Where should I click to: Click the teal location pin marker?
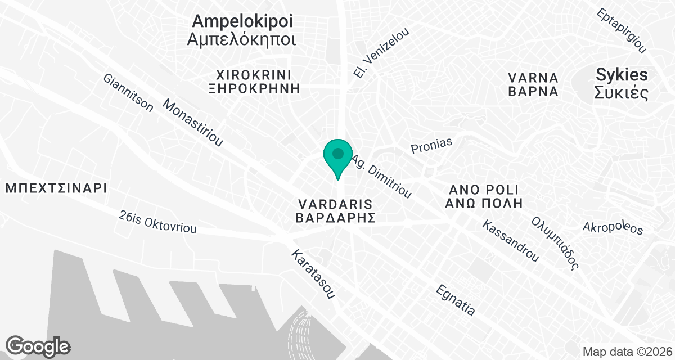tap(337, 155)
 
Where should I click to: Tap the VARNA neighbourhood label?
tap(533, 77)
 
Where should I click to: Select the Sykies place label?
tap(622, 75)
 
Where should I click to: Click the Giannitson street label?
tap(128, 93)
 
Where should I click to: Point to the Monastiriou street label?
tap(193, 123)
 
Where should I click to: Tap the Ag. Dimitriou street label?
tap(382, 177)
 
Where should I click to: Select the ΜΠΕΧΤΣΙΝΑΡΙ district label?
tap(56, 188)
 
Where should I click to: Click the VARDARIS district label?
tap(336, 202)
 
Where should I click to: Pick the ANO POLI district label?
tap(484, 188)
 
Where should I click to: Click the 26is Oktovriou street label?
tap(158, 222)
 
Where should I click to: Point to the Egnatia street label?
tap(456, 300)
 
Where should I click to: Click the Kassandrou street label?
tap(511, 241)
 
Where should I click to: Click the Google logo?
tap(38, 345)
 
